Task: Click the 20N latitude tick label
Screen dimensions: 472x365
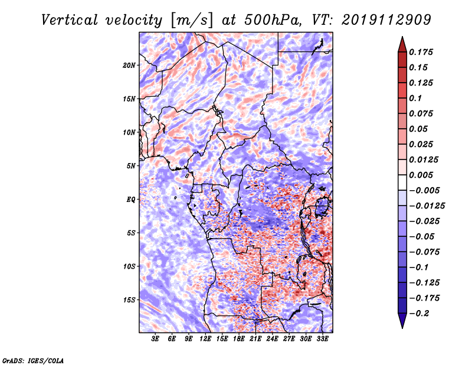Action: pos(129,66)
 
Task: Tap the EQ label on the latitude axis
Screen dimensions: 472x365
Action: pos(131,200)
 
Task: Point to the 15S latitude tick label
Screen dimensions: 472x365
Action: pos(129,300)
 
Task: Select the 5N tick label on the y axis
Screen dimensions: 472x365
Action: pos(130,166)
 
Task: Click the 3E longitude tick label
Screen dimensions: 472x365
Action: pos(155,339)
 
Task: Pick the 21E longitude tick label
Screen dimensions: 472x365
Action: pos(255,339)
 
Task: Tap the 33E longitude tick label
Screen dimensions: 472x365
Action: pos(322,339)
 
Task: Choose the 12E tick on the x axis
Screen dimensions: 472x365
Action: pos(205,339)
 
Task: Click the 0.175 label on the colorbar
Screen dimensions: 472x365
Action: pos(421,52)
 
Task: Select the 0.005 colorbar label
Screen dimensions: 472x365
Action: pos(421,175)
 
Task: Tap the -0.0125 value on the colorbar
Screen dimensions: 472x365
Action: pos(427,206)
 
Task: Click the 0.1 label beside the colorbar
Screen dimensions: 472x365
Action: pos(415,98)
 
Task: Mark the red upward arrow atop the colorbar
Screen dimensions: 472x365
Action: pos(402,44)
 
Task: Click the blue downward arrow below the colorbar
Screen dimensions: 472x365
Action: pos(402,321)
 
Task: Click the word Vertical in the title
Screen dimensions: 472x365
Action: pos(70,20)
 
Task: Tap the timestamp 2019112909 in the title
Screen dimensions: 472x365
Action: pos(386,20)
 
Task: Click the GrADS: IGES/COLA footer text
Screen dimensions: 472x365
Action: pos(33,360)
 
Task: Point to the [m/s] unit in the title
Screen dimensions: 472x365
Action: pos(192,21)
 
